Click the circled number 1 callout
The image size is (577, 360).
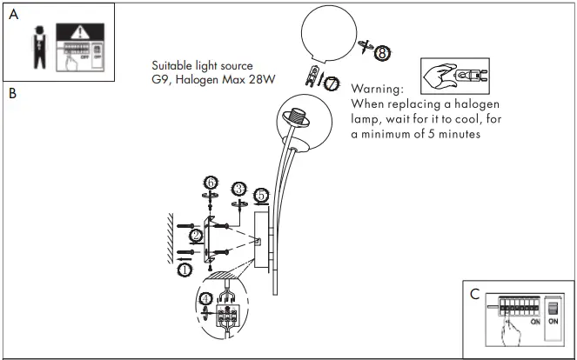click(185, 270)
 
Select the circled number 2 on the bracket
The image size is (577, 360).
click(196, 236)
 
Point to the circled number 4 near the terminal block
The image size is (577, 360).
click(205, 299)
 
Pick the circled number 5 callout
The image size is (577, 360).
click(262, 195)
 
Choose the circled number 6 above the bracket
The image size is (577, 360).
click(210, 183)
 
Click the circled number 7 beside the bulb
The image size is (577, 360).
click(331, 83)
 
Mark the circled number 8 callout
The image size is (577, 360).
click(383, 53)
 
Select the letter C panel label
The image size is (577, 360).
click(473, 294)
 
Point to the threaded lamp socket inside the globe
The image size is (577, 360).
click(299, 117)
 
